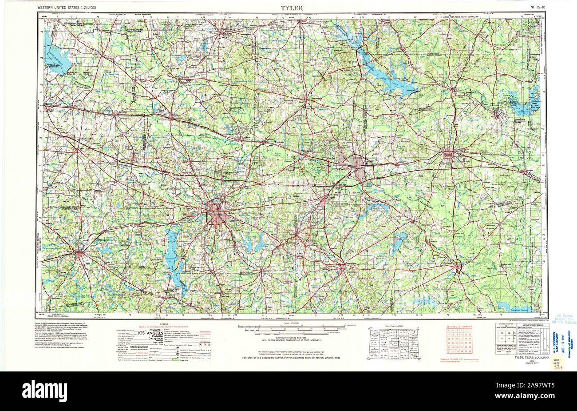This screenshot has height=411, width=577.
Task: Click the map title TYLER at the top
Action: tap(291, 8)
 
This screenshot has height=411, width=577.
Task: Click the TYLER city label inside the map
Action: tap(217, 215)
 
